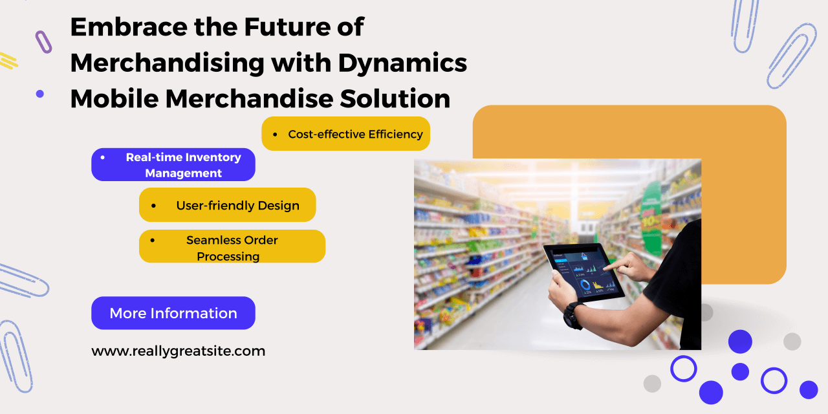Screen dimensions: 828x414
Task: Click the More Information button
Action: pyautogui.click(x=173, y=312)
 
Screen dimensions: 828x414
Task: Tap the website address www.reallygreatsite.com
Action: pyautogui.click(x=178, y=351)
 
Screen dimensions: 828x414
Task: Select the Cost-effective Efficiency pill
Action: pyautogui.click(x=345, y=133)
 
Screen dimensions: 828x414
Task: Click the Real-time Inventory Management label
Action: pyautogui.click(x=183, y=165)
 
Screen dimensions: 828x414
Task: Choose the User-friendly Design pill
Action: pyautogui.click(x=227, y=205)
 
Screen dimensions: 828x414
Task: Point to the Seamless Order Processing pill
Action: pyautogui.click(x=232, y=246)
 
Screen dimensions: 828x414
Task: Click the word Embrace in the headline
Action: pyautogui.click(x=129, y=27)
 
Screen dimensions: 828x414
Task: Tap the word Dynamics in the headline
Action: pyautogui.click(x=402, y=63)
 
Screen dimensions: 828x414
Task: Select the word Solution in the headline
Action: pyautogui.click(x=395, y=99)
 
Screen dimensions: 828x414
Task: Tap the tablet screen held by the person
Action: pyautogui.click(x=583, y=274)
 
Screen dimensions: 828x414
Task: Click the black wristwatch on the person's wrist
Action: pyautogui.click(x=574, y=315)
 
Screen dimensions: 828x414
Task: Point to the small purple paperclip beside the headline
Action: pyautogui.click(x=43, y=42)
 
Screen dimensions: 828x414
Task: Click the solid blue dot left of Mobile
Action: pyautogui.click(x=40, y=94)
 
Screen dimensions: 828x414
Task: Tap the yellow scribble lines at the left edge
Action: pyautogui.click(x=8, y=61)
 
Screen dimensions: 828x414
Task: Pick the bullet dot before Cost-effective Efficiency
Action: pyautogui.click(x=275, y=135)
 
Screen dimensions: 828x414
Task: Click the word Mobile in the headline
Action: pyautogui.click(x=114, y=99)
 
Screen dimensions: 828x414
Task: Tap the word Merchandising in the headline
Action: pyautogui.click(x=167, y=63)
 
